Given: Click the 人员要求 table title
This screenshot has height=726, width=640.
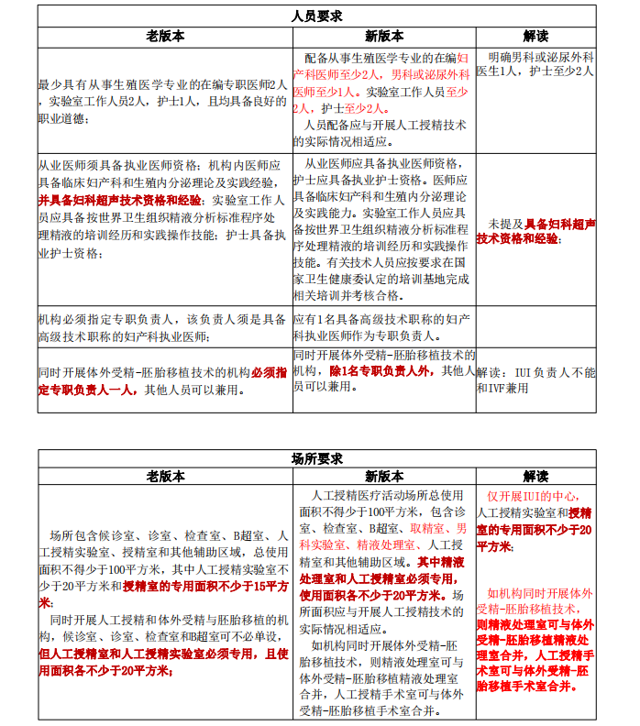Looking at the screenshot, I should [x=317, y=16].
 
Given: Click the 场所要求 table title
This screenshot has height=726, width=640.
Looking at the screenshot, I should [x=317, y=458].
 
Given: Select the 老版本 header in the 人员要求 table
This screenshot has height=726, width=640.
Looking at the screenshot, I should [x=165, y=37].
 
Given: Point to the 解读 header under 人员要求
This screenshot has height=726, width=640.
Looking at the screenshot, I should [x=535, y=37].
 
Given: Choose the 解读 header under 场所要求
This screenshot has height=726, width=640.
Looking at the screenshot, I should [x=535, y=477].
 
